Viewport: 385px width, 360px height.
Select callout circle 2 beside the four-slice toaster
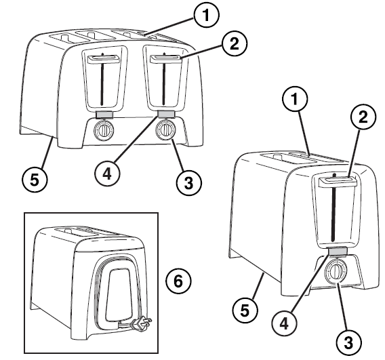click(x=233, y=44)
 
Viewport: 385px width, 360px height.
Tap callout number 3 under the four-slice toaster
click(x=189, y=181)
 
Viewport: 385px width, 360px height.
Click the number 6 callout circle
click(x=178, y=281)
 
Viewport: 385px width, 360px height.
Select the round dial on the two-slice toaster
click(x=335, y=273)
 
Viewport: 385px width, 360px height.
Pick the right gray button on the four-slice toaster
click(x=165, y=113)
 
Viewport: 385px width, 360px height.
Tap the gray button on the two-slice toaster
click(x=337, y=252)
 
